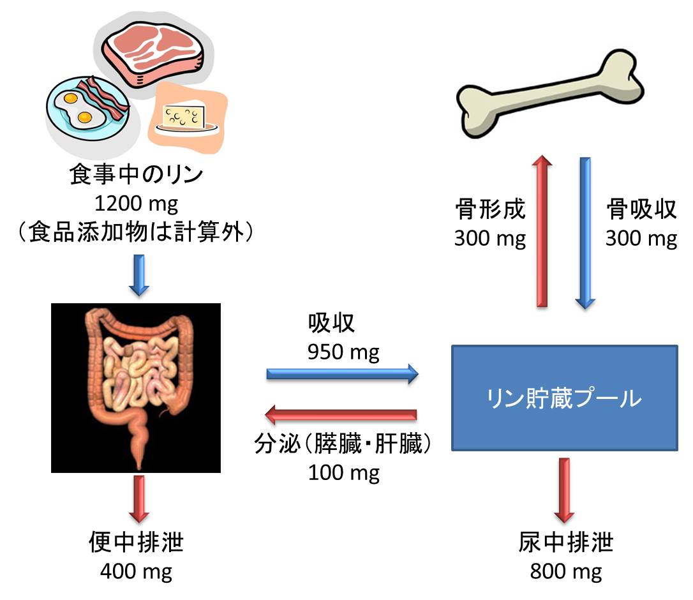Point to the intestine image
pyautogui.click(x=136, y=388)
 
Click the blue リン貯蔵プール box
pyautogui.click(x=564, y=398)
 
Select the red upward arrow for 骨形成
pyautogui.click(x=542, y=231)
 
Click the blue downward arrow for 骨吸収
pyautogui.click(x=585, y=233)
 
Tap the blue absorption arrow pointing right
pyautogui.click(x=343, y=374)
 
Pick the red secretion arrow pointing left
pyautogui.click(x=341, y=414)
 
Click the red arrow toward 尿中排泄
pyautogui.click(x=564, y=490)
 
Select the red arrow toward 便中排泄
pyautogui.click(x=139, y=499)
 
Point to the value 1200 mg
pyautogui.click(x=137, y=204)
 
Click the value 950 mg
pyautogui.click(x=343, y=353)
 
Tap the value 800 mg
pyautogui.click(x=566, y=572)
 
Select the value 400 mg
pyautogui.click(x=136, y=572)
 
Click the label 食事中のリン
pyautogui.click(x=136, y=175)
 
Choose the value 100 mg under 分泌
pyautogui.click(x=344, y=473)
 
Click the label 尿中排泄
pyautogui.click(x=566, y=543)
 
